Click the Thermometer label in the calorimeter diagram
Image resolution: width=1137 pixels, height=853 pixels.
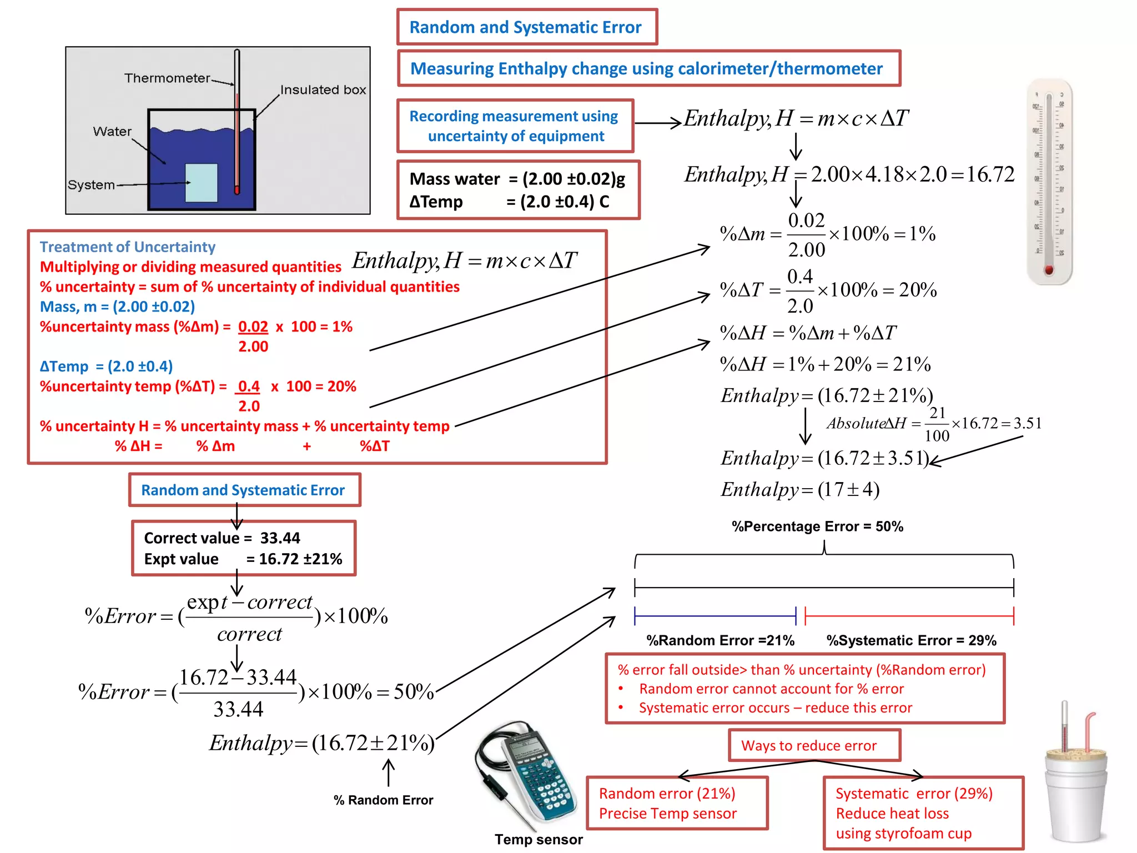pos(167,78)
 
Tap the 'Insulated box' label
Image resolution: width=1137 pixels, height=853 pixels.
pos(323,89)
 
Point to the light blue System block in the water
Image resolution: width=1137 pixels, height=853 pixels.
pos(201,183)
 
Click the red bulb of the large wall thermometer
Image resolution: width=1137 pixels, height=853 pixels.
pos(1049,270)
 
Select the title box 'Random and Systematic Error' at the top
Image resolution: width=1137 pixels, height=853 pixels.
pos(526,27)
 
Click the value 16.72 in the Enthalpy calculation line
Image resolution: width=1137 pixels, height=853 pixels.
pos(990,174)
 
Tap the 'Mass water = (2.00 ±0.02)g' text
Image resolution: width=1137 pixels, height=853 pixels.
pos(517,179)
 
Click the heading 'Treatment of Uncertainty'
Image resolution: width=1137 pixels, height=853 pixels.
pos(127,247)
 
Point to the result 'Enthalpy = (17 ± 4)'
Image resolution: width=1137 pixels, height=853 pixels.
pos(799,489)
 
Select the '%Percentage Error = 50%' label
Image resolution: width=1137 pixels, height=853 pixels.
pos(817,526)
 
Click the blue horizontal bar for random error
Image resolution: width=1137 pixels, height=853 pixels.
pos(715,616)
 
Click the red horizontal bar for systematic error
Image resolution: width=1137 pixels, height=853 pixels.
pos(909,616)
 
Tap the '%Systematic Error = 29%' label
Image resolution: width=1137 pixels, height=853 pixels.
pos(911,640)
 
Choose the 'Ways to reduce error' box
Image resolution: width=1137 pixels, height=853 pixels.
pos(813,745)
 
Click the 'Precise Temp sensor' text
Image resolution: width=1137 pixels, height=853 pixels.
pos(667,814)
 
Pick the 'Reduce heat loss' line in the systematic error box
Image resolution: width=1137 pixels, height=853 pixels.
pos(892,814)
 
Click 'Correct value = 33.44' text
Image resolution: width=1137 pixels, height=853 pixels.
pos(222,538)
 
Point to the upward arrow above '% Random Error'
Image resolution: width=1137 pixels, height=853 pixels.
pos(389,772)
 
